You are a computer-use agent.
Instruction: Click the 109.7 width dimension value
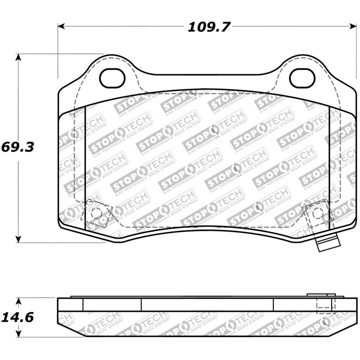point(208,27)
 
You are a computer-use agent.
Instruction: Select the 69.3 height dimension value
point(18,147)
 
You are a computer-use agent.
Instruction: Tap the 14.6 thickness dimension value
point(17,317)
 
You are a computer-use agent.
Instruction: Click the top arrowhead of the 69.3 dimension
point(18,57)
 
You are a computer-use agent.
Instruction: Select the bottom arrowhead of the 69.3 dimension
point(18,239)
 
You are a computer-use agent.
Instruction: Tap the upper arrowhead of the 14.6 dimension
point(18,300)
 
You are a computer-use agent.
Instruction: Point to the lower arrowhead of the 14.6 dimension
point(18,334)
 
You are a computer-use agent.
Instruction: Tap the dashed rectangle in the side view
point(326,306)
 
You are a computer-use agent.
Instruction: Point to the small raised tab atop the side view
point(321,296)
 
